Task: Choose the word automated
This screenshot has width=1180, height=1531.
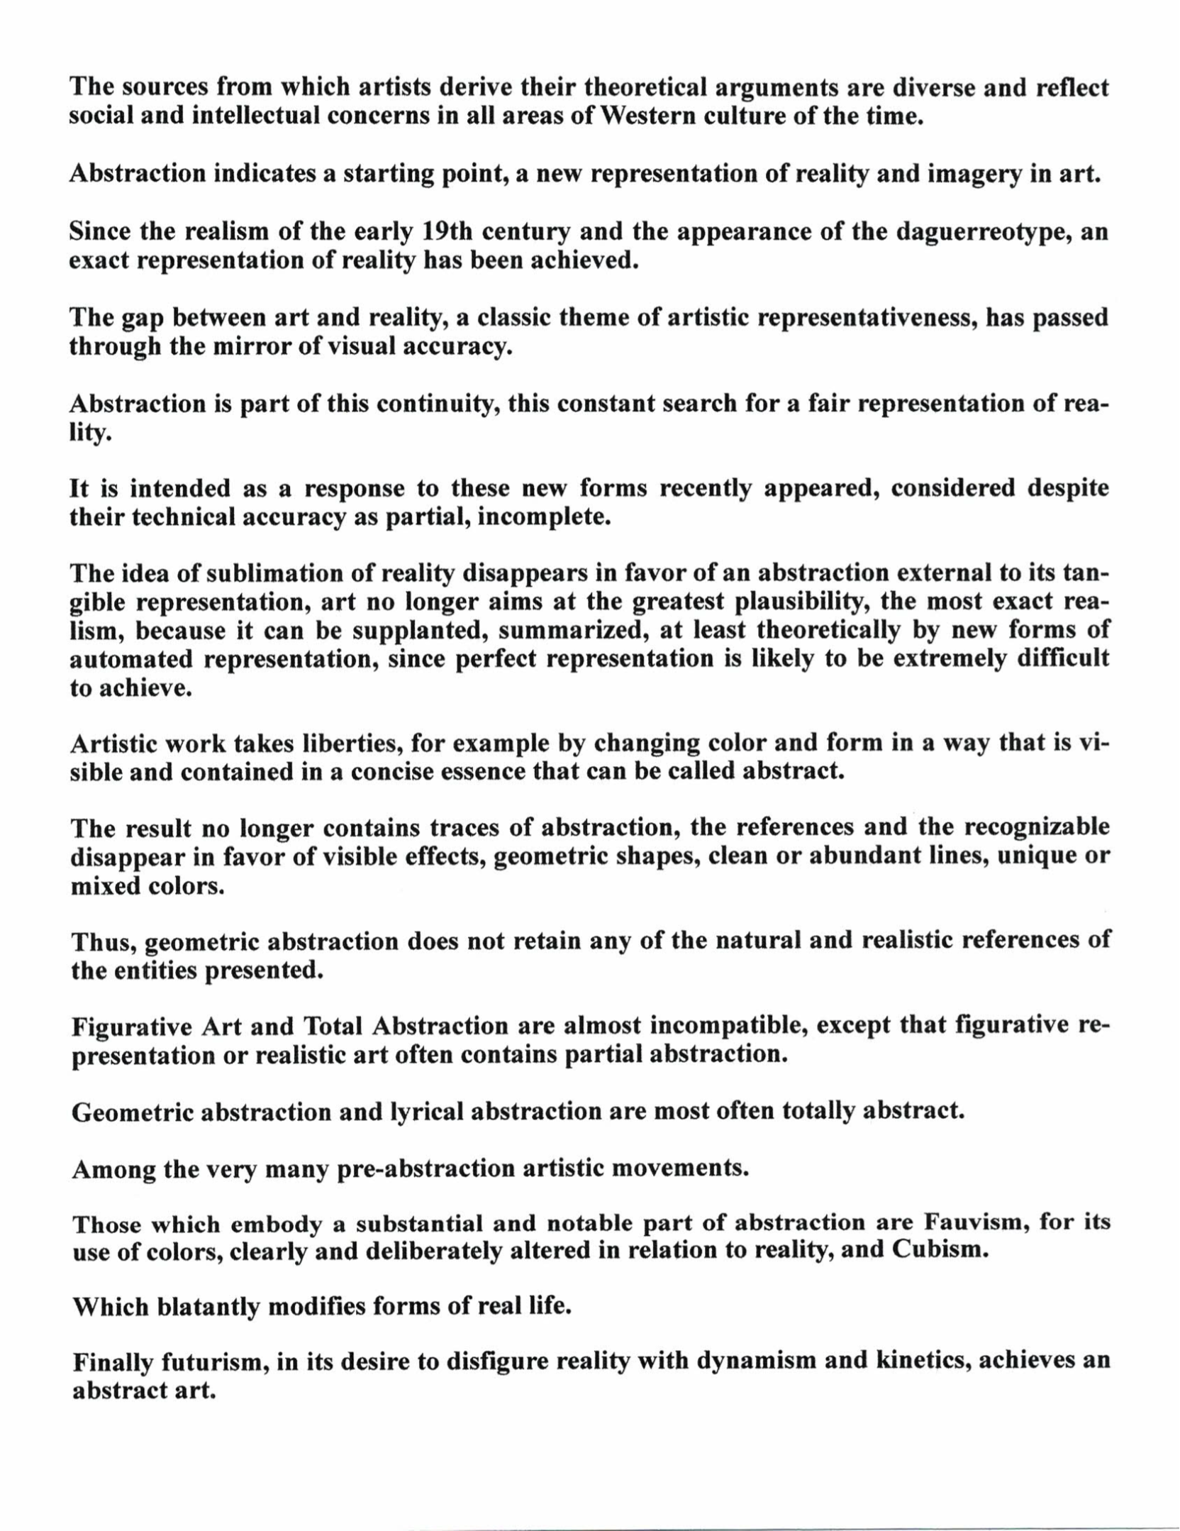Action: point(132,659)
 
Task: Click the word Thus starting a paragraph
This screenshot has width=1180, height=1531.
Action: point(104,942)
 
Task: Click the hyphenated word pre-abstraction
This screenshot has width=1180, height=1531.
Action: point(425,1168)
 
